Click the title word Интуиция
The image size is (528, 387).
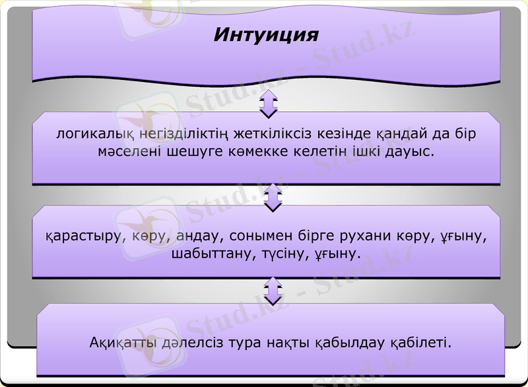tap(265, 34)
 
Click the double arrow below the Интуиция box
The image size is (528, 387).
tap(269, 104)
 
